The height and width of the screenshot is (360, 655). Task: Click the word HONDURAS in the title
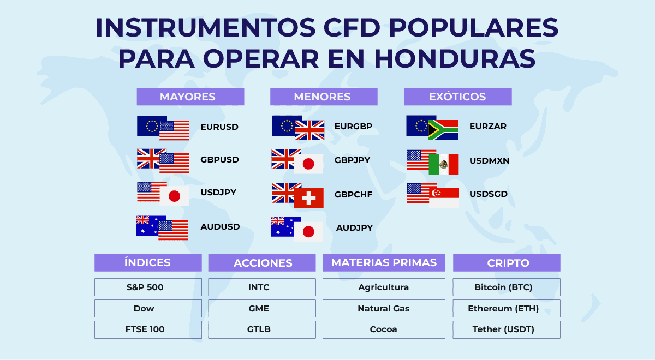point(455,59)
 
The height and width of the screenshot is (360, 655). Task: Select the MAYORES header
point(190,97)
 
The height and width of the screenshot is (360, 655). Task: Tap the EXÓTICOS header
point(458,97)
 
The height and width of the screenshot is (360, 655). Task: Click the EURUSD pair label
point(219,127)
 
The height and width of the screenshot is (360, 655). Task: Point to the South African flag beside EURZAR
point(443,130)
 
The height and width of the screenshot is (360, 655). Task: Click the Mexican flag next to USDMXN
point(444,165)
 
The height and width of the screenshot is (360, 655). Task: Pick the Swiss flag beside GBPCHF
point(309,198)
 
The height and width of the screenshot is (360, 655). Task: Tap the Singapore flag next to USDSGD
point(444,198)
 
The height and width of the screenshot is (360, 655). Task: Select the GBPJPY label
point(352,160)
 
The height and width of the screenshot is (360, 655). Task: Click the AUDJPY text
point(354,227)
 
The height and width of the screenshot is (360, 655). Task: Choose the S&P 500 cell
point(148,287)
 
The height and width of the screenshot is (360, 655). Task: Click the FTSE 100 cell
point(148,329)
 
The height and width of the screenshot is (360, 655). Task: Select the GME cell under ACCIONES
point(262,308)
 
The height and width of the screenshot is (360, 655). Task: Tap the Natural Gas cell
point(384,308)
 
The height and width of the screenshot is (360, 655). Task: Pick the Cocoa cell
point(384,329)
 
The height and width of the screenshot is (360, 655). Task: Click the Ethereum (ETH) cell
point(507,308)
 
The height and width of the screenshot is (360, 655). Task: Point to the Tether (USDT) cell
point(507,329)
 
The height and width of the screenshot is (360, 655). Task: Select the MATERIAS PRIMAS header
point(384,263)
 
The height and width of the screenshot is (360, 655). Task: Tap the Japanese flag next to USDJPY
point(174,196)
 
